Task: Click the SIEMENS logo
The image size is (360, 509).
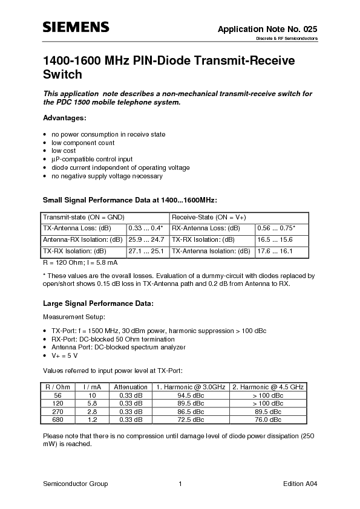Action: click(75, 27)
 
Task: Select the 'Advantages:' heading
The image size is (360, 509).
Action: click(64, 117)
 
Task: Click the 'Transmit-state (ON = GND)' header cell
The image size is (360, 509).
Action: click(82, 217)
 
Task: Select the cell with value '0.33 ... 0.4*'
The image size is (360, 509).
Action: click(145, 229)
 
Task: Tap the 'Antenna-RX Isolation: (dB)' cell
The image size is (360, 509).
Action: click(82, 240)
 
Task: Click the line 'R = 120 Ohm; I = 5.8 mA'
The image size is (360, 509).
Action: click(80, 263)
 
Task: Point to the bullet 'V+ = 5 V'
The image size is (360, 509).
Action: click(64, 355)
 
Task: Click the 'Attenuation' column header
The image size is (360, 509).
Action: click(131, 387)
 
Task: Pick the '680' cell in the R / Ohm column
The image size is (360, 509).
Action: click(59, 419)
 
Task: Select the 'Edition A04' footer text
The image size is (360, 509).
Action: click(300, 484)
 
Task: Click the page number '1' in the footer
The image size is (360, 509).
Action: click(180, 484)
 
